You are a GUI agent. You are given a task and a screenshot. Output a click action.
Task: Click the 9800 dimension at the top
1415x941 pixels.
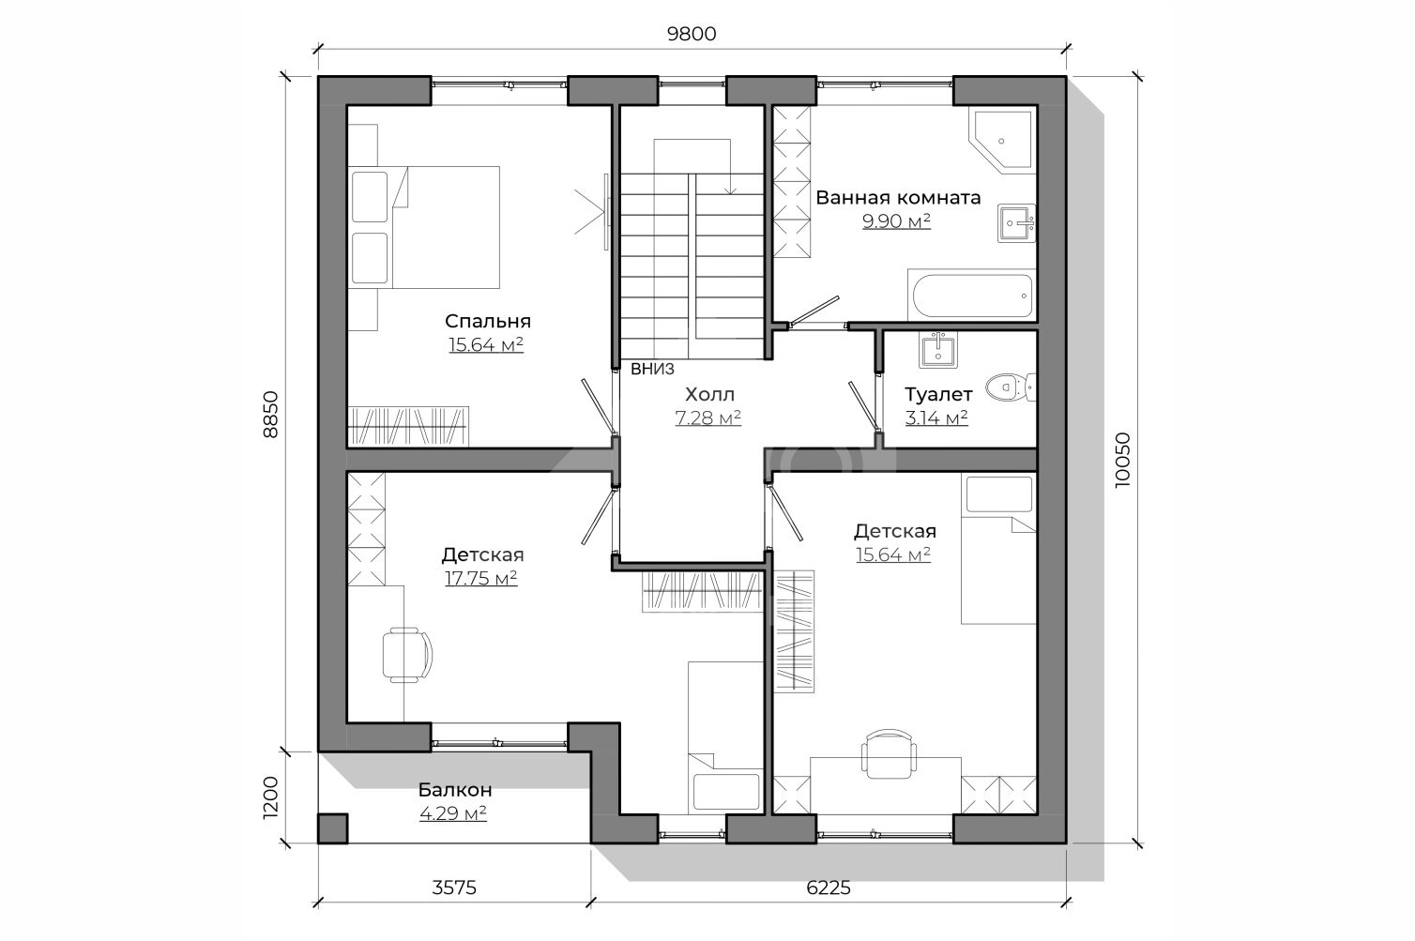click(x=692, y=34)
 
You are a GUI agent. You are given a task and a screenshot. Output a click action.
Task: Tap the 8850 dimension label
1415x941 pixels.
click(x=270, y=415)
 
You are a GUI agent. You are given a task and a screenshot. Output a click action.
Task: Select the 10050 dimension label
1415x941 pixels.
click(x=1122, y=460)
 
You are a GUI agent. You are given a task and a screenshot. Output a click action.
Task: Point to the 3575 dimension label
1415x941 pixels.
click(x=454, y=888)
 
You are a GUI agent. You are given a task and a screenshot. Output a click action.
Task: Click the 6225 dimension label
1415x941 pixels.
click(x=829, y=888)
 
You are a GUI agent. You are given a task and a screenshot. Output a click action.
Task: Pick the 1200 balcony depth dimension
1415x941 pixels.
click(x=270, y=797)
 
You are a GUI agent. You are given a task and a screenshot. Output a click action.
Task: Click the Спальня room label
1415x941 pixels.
click(x=488, y=322)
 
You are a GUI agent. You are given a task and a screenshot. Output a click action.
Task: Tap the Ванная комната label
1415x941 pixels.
click(x=898, y=198)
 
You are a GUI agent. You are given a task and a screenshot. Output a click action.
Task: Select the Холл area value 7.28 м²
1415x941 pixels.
click(x=708, y=417)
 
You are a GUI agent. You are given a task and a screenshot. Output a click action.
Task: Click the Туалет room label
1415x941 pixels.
click(x=938, y=395)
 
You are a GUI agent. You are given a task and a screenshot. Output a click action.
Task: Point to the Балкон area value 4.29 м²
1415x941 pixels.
click(x=453, y=812)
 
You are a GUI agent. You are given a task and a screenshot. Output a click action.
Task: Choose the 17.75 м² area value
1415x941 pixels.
click(x=481, y=578)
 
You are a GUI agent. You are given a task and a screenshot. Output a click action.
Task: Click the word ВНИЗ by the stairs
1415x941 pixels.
click(x=652, y=369)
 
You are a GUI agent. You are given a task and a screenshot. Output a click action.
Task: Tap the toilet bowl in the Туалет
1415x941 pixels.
click(x=1011, y=387)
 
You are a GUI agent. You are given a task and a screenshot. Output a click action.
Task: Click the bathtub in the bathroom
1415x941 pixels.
click(x=971, y=296)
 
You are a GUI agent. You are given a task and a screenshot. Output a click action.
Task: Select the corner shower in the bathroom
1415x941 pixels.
click(x=1002, y=140)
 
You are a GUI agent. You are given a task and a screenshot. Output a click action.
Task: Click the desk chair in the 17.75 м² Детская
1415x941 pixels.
click(x=407, y=655)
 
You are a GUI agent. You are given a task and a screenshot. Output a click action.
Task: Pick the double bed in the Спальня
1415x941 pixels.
click(x=423, y=227)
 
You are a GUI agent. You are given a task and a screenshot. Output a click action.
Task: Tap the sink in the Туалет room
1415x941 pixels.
click(x=938, y=350)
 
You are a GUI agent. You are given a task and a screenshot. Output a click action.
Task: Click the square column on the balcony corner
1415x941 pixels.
click(x=332, y=828)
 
